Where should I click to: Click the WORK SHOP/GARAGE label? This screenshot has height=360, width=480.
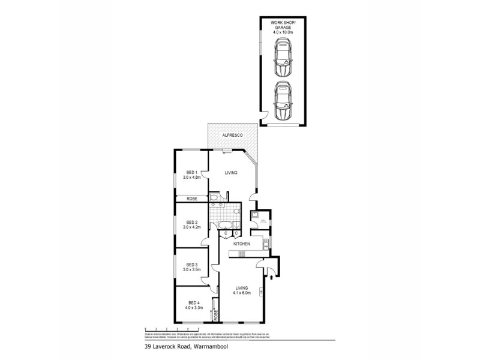pyautogui.click(x=283, y=25)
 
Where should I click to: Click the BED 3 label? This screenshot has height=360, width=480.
pyautogui.click(x=191, y=265)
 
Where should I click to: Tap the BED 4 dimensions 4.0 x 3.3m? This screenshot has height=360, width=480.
pyautogui.click(x=194, y=308)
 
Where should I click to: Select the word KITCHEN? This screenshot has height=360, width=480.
pyautogui.click(x=241, y=244)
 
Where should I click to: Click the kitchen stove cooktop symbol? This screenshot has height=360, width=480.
pyautogui.click(x=242, y=254)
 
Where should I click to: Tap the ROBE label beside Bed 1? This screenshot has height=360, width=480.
pyautogui.click(x=191, y=198)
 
